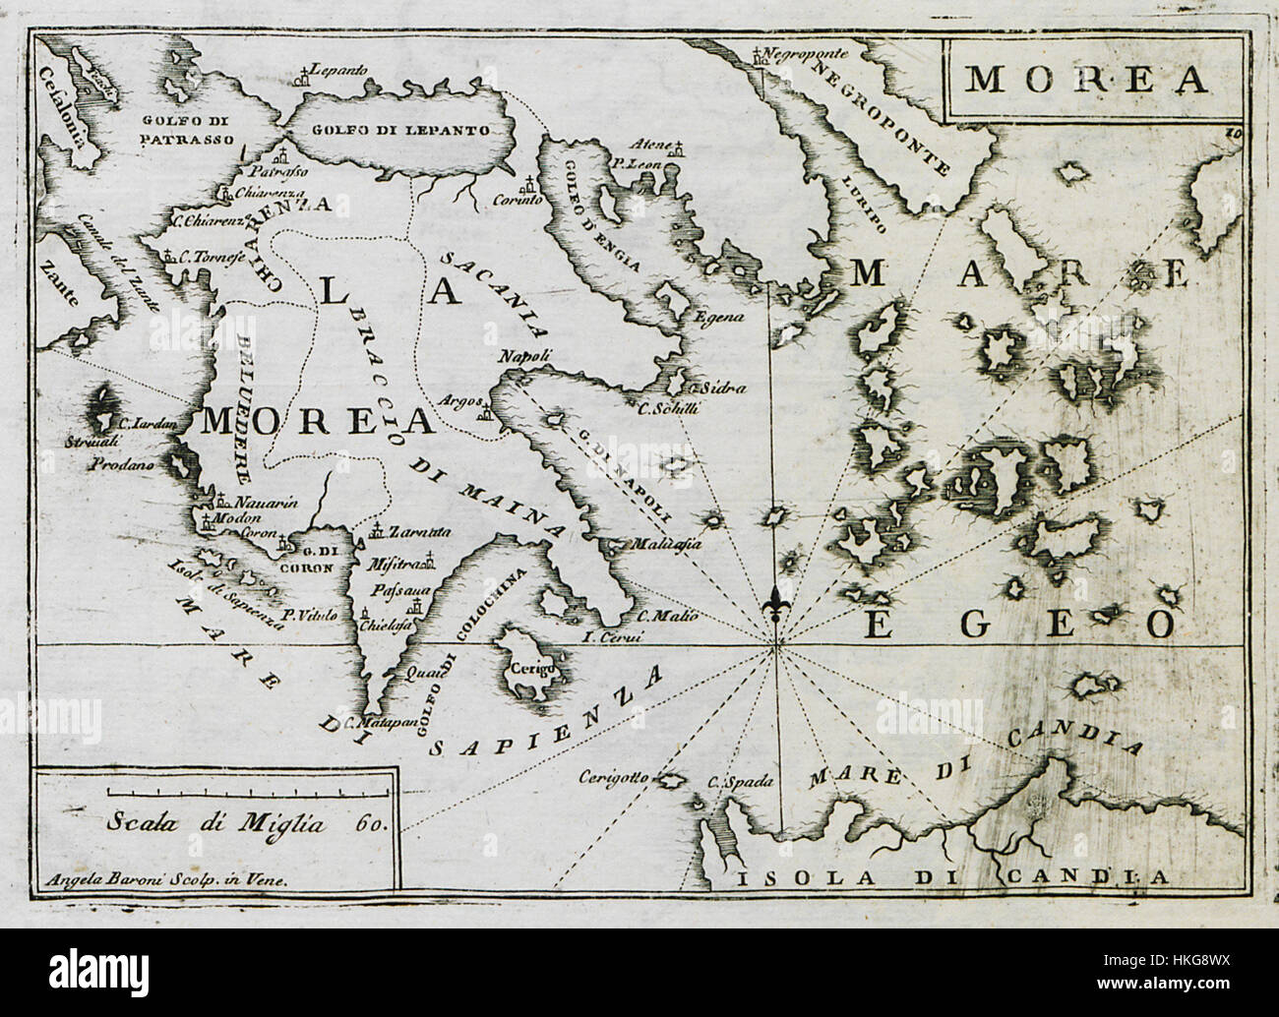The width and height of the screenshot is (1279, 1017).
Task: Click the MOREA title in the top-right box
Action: click(x=1083, y=80)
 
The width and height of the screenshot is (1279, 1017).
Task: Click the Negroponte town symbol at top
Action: click(x=757, y=55)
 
